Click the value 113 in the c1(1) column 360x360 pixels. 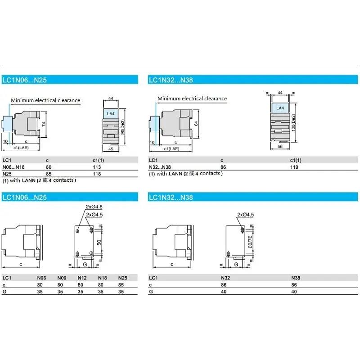click(97, 167)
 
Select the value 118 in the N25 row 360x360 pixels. click(97, 174)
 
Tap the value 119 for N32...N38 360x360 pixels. click(295, 167)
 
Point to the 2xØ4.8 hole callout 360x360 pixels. click(94, 207)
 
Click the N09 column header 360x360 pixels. click(62, 278)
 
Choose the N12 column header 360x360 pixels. click(82, 278)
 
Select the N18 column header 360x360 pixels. click(103, 278)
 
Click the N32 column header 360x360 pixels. click(225, 278)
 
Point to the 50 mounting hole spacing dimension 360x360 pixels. click(100, 242)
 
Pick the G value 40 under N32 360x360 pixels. click(224, 292)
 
